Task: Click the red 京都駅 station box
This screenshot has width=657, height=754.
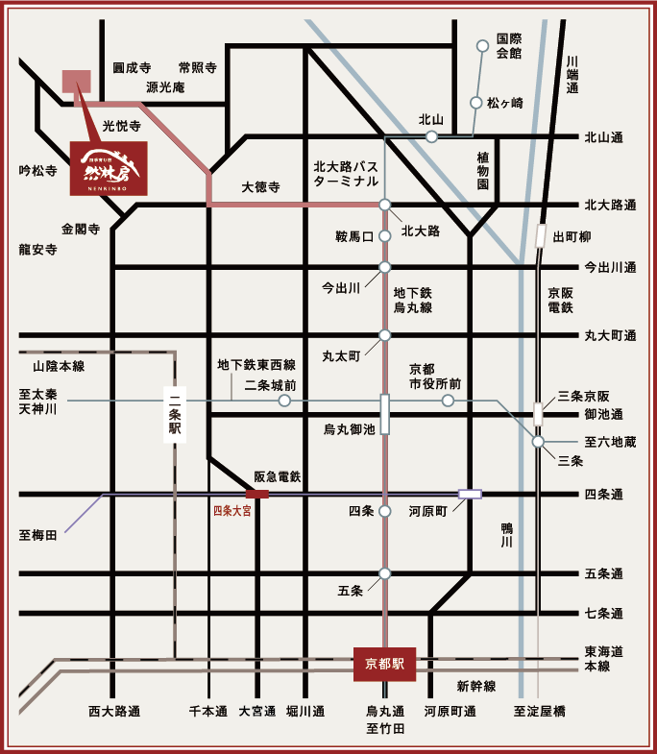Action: [x=384, y=663]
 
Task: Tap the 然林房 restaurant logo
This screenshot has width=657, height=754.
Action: [x=109, y=168]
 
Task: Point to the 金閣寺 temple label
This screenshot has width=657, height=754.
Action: [x=81, y=229]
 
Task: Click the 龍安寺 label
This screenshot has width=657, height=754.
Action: [x=37, y=249]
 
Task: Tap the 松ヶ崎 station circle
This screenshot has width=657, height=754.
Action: [x=475, y=102]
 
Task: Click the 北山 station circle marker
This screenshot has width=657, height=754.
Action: [x=432, y=136]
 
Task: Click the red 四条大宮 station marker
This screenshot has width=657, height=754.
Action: [x=257, y=495]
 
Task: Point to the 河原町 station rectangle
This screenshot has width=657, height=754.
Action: [x=470, y=494]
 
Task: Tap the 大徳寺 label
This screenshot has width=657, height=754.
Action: [x=260, y=188]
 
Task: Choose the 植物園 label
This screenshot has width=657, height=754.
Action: [x=483, y=169]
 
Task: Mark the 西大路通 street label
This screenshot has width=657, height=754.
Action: [x=114, y=712]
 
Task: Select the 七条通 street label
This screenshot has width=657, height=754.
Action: [x=604, y=613]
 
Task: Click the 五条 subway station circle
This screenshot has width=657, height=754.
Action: [x=384, y=573]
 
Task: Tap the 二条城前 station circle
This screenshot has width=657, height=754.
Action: [x=284, y=401]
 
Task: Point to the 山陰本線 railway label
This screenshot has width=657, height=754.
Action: [x=59, y=366]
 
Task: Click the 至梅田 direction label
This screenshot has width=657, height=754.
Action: [x=37, y=535]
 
